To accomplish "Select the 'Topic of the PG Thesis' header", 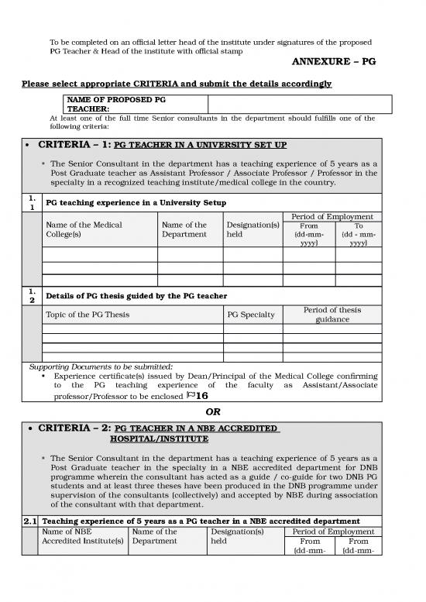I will click(88, 315).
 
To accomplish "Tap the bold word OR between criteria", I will click(213, 411).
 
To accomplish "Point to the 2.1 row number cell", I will click(31, 521).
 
